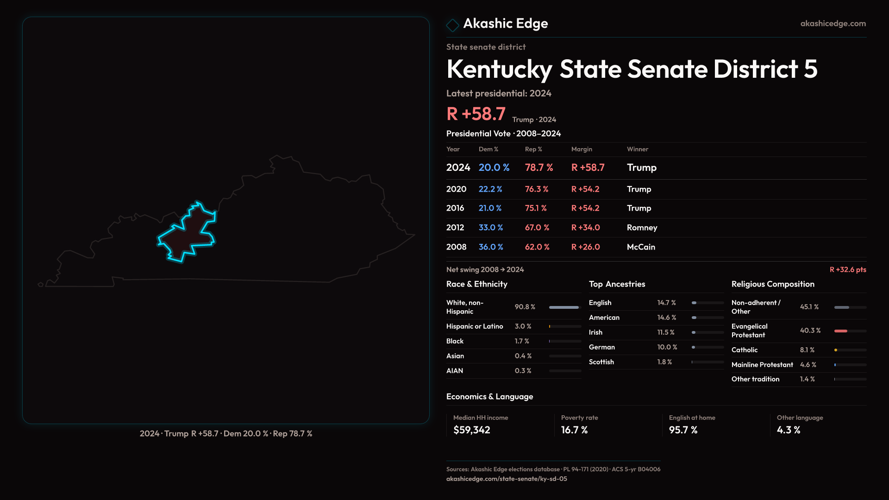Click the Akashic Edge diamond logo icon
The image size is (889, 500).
(452, 25)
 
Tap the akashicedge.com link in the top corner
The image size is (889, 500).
(833, 24)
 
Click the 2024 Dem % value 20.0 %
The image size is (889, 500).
(494, 168)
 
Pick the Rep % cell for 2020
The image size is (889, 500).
(537, 189)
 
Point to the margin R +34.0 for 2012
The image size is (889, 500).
(585, 228)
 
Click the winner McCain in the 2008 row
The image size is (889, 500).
(641, 247)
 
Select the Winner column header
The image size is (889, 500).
(638, 149)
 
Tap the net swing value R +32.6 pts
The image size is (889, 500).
(848, 270)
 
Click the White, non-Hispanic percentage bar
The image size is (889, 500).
(564, 307)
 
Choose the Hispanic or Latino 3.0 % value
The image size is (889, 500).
(523, 326)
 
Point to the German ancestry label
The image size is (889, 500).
(602, 347)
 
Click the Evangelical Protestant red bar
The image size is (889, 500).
(841, 331)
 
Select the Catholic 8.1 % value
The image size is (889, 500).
(807, 350)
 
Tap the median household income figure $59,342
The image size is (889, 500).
(471, 430)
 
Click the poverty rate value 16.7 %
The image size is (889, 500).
(574, 430)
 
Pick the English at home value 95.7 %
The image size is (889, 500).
(683, 430)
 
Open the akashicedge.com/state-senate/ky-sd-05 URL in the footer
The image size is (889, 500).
(507, 479)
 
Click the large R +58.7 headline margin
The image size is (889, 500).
(476, 114)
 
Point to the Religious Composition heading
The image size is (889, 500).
(773, 284)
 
